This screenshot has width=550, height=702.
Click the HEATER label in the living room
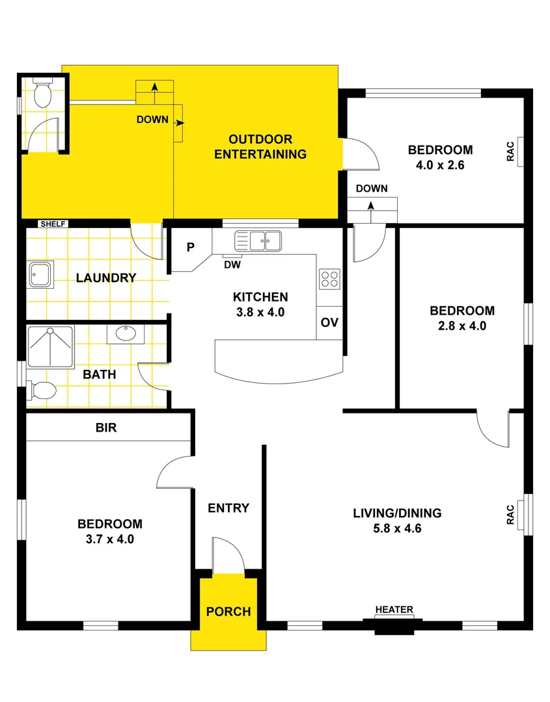pos(394,610)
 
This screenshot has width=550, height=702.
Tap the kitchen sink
pos(257,240)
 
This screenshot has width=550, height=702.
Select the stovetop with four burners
pos(329,279)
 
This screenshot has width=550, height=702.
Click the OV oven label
pos(329,323)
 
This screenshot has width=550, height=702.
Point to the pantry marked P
pos(190,247)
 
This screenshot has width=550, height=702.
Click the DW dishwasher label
pos(232,265)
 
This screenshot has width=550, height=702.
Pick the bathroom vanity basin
pos(125,334)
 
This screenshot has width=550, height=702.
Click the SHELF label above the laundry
pos(53,224)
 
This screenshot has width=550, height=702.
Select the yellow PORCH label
pos(228,612)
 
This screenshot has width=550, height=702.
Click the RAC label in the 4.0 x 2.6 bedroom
pos(511,151)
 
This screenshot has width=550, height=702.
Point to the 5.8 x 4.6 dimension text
pos(397,528)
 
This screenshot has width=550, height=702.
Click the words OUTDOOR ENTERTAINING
pos(260,147)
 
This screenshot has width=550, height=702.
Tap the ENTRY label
pos(228,508)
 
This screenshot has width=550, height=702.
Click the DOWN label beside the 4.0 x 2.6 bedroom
pos(372,188)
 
